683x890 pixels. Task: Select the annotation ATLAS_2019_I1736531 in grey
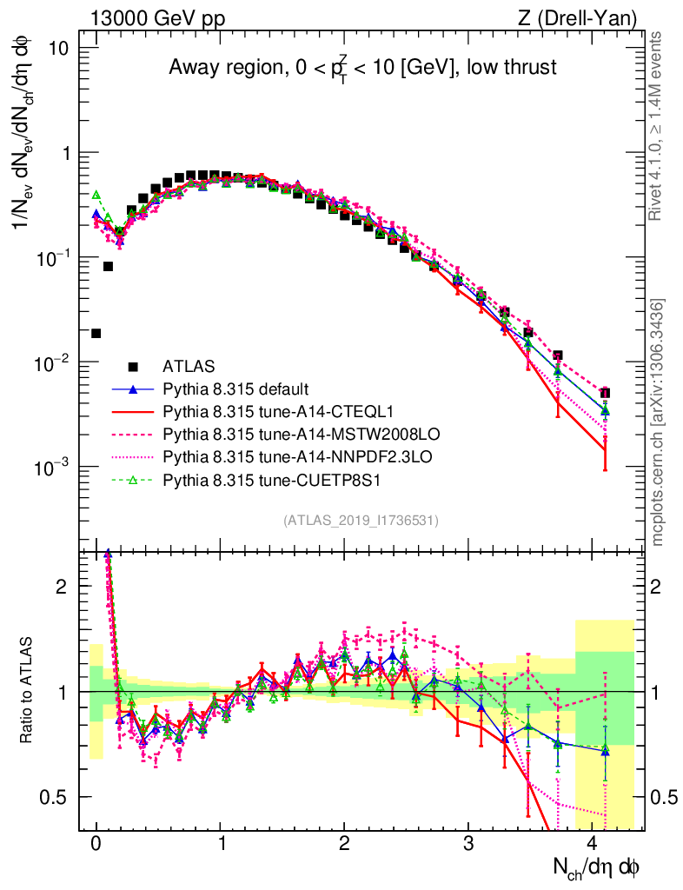coord(361,521)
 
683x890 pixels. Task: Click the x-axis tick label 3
coord(468,844)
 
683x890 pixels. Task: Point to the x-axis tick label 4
coord(593,844)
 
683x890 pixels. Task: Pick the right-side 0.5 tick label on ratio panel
coord(665,797)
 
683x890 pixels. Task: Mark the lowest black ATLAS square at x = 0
coord(96,333)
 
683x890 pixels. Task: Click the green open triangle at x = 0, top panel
coord(96,195)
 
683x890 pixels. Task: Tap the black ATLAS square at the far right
coord(605,393)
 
